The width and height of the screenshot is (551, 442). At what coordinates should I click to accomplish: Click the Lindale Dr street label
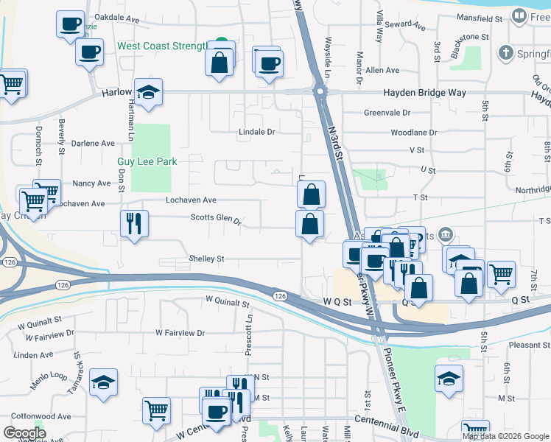pos(256,132)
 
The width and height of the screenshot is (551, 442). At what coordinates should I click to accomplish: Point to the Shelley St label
pos(206,259)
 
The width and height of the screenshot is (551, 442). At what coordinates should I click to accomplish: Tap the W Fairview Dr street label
pos(180,333)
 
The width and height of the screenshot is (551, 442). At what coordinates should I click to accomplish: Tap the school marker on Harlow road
pos(149,91)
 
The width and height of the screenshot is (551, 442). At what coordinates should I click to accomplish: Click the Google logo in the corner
pos(25,432)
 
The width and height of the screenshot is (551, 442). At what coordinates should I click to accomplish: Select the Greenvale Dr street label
pos(387,113)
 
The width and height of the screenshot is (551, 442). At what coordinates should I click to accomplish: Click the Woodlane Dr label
pos(413,133)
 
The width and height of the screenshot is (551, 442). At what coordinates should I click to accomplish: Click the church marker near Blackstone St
pos(505,53)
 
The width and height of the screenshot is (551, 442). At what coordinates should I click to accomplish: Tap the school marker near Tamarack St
pos(103,383)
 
